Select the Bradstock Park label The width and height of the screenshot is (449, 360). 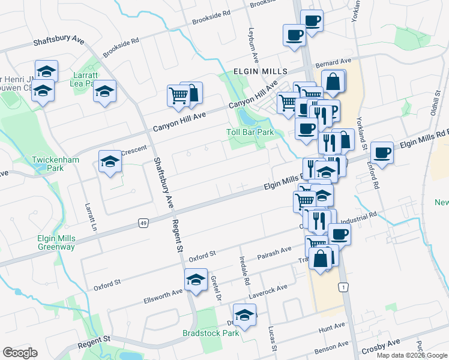[211, 333]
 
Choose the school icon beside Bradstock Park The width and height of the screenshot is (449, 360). [245, 315]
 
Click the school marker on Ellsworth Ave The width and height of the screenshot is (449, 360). [196, 280]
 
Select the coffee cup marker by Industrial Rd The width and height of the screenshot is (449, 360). [339, 234]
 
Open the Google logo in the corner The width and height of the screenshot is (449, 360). [19, 353]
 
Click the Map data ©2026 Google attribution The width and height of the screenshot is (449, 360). [412, 355]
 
